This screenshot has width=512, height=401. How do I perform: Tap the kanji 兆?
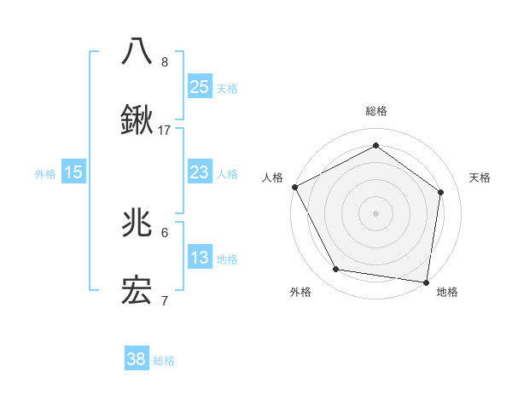(137, 223)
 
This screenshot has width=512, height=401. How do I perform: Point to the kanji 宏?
(137, 292)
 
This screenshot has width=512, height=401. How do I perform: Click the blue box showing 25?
(199, 86)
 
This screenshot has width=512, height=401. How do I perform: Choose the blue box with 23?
(199, 172)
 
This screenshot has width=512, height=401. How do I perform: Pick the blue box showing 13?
(199, 258)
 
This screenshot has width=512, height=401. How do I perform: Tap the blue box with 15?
(73, 172)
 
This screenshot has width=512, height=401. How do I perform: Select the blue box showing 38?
(137, 359)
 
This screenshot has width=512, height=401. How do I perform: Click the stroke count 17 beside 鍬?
(165, 131)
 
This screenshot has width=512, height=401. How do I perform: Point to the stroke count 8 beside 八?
(165, 61)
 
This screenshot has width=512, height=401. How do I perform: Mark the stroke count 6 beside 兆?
(165, 232)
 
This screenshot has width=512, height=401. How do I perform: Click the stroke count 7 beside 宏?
(165, 301)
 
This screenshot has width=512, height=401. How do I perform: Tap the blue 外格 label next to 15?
(45, 173)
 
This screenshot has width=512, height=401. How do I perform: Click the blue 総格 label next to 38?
(164, 361)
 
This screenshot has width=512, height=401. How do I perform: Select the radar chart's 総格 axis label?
(375, 112)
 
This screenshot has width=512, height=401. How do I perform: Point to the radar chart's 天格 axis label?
(480, 177)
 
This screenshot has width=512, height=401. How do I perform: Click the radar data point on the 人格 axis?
(294, 186)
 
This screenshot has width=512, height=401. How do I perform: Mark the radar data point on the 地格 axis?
(426, 282)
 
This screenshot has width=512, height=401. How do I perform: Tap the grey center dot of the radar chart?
(375, 212)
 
